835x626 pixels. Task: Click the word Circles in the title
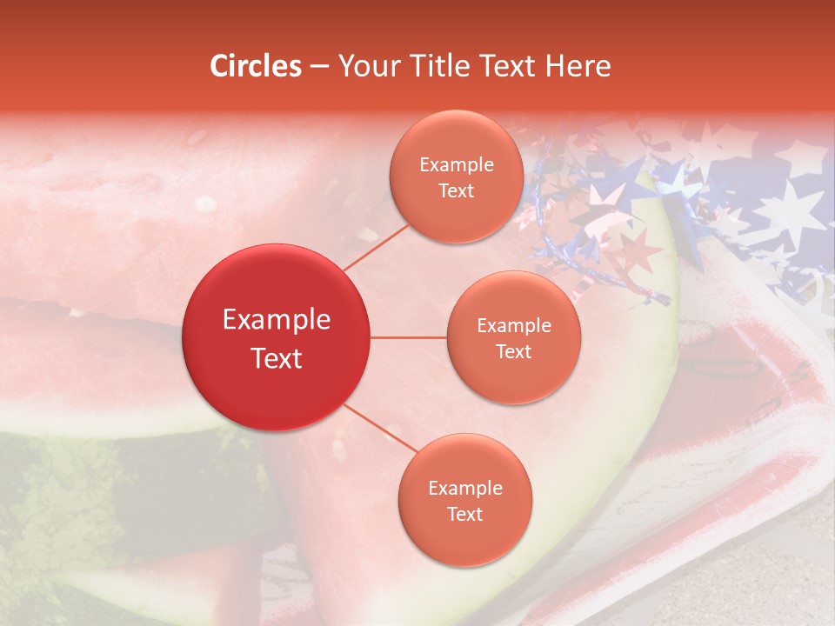[256, 66]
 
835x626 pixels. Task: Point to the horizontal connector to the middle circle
[409, 337]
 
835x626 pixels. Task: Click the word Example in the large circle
[277, 320]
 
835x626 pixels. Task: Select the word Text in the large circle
[277, 358]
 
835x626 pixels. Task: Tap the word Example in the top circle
[456, 165]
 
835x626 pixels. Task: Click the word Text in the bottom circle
[464, 514]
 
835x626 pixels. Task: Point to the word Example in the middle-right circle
[513, 326]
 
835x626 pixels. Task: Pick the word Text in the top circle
[456, 190]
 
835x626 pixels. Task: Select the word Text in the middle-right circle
[513, 351]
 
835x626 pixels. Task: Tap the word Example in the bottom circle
[464, 489]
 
